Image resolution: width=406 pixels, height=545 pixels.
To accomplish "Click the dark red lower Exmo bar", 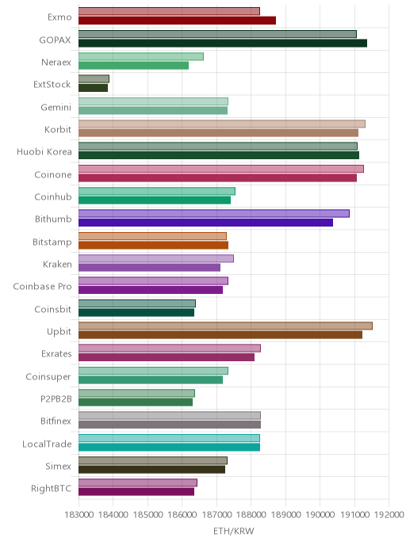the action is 177,21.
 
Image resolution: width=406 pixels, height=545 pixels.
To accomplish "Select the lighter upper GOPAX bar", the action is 217,34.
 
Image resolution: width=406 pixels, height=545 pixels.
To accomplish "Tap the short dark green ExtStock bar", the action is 94,88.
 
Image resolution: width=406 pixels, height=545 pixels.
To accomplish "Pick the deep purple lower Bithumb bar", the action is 205,223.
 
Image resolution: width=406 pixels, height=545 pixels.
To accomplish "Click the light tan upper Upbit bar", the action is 225,326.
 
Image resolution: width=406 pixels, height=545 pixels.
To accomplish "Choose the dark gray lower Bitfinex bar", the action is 170,425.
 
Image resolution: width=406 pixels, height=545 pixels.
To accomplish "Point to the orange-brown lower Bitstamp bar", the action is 153,245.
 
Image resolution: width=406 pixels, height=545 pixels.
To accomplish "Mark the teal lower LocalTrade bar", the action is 169,447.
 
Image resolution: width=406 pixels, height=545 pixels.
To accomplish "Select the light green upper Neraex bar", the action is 141,57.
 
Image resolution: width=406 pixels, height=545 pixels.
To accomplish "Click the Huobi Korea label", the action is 44,152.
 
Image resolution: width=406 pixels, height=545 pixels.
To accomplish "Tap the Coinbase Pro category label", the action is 43,287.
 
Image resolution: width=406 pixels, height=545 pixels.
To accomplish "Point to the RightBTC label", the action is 51,488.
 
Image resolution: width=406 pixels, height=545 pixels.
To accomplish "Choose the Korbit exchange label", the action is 58,130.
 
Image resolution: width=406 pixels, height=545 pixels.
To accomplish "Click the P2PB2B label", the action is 56,398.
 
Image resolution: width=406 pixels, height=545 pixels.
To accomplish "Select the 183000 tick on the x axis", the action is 79,514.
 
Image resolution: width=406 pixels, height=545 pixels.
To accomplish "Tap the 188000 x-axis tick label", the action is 251,514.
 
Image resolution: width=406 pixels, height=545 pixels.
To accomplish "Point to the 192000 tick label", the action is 389,514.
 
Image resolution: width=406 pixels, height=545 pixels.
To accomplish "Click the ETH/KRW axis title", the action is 234,531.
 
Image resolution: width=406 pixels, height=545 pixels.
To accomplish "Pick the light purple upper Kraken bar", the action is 156,258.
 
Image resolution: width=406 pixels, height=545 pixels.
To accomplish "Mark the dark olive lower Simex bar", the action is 151,469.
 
